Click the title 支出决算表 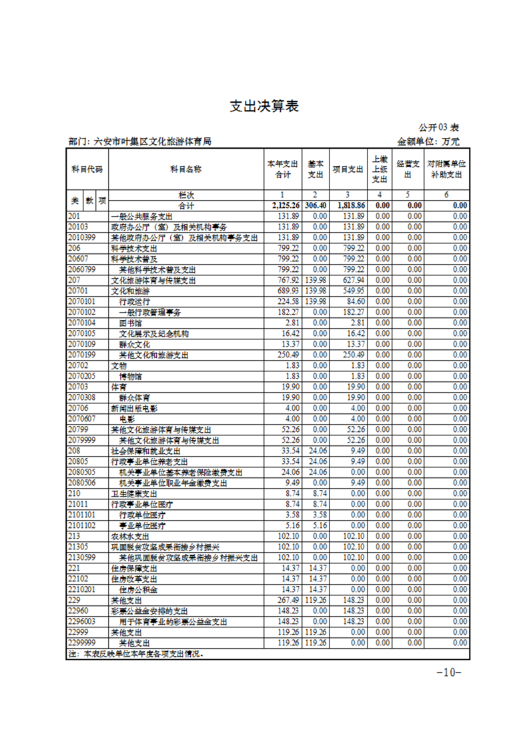pyautogui.click(x=263, y=106)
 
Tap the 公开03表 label pyautogui.click(x=439, y=127)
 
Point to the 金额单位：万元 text pyautogui.click(x=428, y=141)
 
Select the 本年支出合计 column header pyautogui.click(x=282, y=169)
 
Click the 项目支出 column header pyautogui.click(x=348, y=169)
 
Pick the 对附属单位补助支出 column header pyautogui.click(x=446, y=169)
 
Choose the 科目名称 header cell pyautogui.click(x=185, y=169)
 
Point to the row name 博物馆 pyautogui.click(x=132, y=376)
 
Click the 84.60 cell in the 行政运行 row pyautogui.click(x=354, y=301)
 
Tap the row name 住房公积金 pyautogui.click(x=138, y=589)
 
